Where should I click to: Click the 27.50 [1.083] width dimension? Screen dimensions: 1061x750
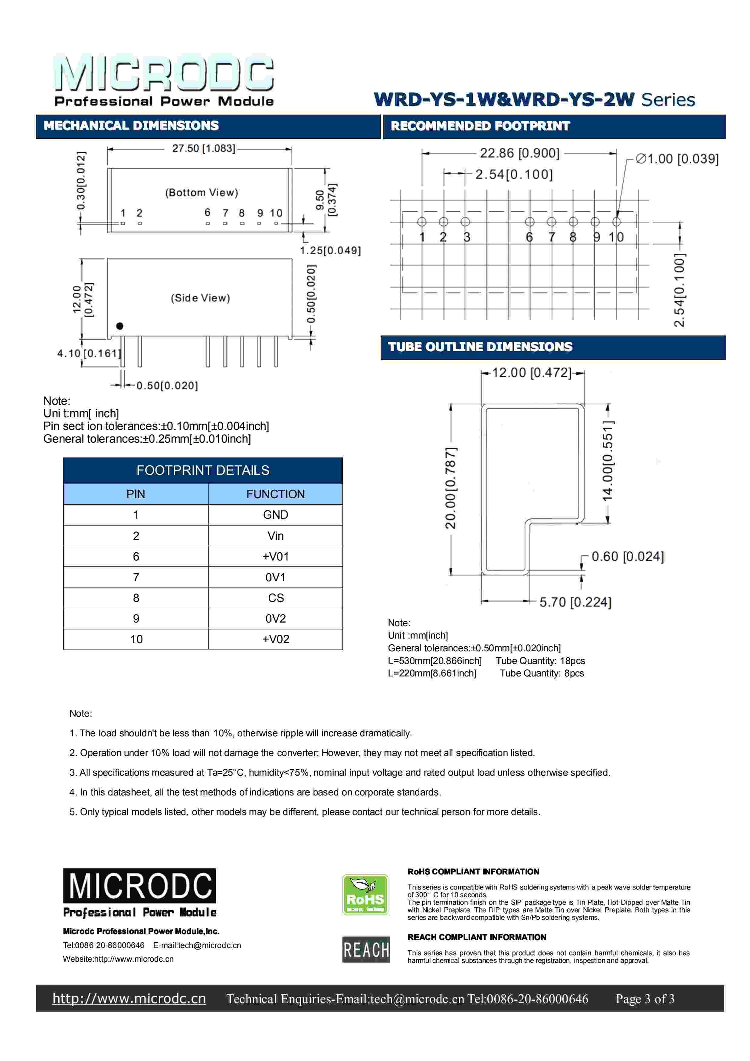pyautogui.click(x=204, y=148)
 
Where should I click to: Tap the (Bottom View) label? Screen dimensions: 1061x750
pyautogui.click(x=202, y=193)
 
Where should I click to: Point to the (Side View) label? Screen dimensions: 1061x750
pyautogui.click(x=200, y=298)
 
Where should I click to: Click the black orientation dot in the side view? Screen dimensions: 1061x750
pyautogui.click(x=120, y=326)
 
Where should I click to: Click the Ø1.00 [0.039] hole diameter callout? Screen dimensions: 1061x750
pyautogui.click(x=677, y=159)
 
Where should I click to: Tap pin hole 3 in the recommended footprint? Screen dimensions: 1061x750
pyautogui.click(x=465, y=222)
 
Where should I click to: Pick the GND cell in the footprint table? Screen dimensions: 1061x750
pyautogui.click(x=275, y=515)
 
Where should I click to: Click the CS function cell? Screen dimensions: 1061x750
pyautogui.click(x=275, y=598)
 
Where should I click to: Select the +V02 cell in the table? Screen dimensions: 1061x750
pyautogui.click(x=275, y=639)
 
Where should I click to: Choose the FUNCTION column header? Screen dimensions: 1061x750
pyautogui.click(x=275, y=494)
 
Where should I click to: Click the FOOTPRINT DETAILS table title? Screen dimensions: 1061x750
pyautogui.click(x=203, y=471)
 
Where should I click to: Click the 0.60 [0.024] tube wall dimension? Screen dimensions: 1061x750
pyautogui.click(x=627, y=556)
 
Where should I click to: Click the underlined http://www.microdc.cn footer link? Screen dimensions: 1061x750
pyautogui.click(x=129, y=999)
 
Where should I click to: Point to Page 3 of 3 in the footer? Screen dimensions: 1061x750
pyautogui.click(x=645, y=999)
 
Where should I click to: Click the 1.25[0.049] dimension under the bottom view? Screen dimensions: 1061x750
pyautogui.click(x=330, y=250)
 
